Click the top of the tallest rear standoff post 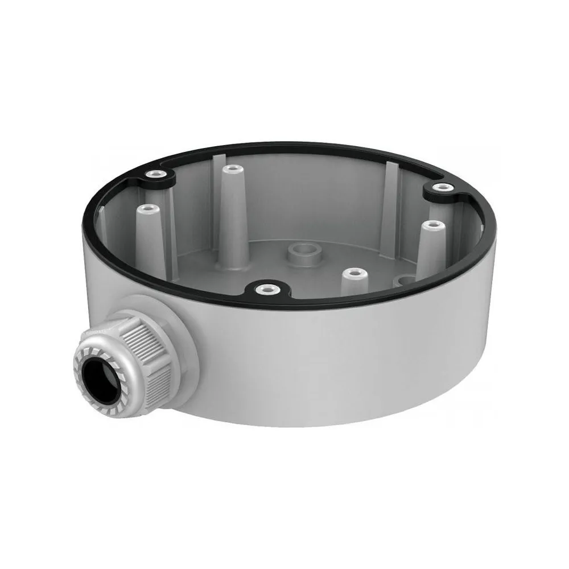[230, 170]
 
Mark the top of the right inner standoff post [432, 225]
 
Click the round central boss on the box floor [302, 254]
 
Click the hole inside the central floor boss [302, 249]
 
